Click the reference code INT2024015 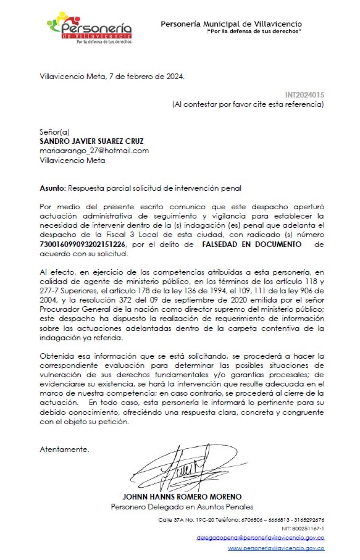(x=304, y=95)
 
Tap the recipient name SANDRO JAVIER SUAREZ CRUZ (x=91, y=141)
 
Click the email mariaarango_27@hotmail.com (x=94, y=151)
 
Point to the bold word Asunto (x=52, y=188)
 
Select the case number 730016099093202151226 (x=83, y=245)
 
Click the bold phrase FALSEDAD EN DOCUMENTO (x=252, y=245)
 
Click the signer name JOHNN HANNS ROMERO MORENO (x=182, y=497)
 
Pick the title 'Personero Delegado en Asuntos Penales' (x=182, y=507)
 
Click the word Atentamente (x=64, y=450)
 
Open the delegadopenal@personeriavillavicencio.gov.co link (x=260, y=538)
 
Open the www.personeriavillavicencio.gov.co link (x=276, y=548)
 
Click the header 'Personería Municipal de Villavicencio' (x=231, y=24)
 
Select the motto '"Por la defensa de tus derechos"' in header (x=254, y=31)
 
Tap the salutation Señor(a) (x=54, y=132)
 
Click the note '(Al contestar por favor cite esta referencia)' (x=248, y=105)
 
